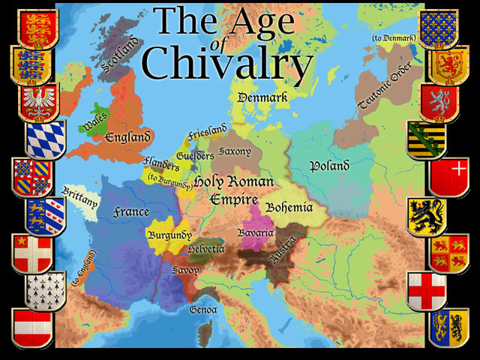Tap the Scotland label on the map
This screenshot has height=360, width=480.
(x=119, y=57)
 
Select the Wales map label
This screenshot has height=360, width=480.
(x=95, y=121)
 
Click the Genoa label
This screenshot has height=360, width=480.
(x=203, y=309)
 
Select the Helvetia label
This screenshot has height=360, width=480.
(x=206, y=248)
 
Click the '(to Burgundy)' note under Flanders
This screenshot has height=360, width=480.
(x=169, y=178)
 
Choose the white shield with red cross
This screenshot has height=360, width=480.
(x=427, y=290)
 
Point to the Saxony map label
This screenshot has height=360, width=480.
(x=235, y=151)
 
